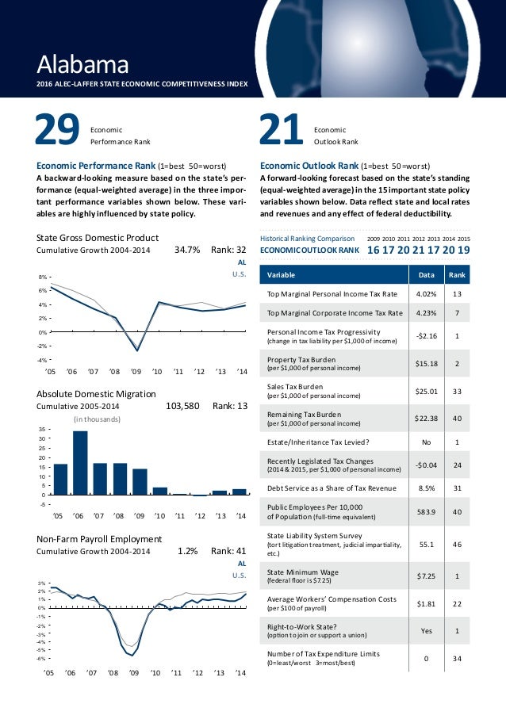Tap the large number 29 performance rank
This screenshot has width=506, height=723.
(58, 132)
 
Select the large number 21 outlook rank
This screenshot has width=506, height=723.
(282, 132)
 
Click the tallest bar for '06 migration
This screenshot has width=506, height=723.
(79, 462)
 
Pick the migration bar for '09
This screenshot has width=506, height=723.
(140, 481)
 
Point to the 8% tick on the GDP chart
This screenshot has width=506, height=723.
(42, 277)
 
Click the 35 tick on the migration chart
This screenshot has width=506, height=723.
(42, 428)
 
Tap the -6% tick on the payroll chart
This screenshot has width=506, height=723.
(41, 658)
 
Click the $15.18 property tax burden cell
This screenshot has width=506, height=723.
(421, 364)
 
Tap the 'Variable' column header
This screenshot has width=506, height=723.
(284, 274)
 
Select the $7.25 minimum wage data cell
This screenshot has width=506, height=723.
(421, 577)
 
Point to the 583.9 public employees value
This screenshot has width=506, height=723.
(421, 511)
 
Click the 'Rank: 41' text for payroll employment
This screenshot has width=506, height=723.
(230, 550)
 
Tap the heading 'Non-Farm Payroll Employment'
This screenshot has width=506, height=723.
(99, 539)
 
